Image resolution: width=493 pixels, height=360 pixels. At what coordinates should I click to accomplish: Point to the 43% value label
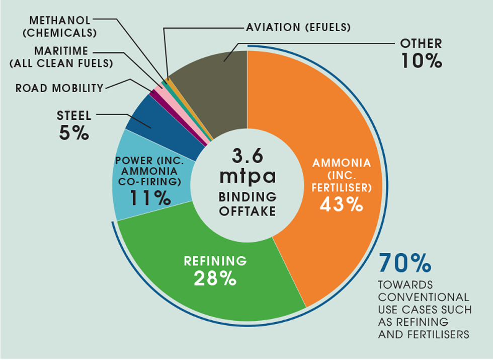pyautogui.click(x=342, y=205)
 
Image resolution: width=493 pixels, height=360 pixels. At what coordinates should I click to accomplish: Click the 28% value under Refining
pyautogui.click(x=215, y=278)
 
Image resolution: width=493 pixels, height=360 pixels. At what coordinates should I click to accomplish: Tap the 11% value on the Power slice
pyautogui.click(x=150, y=198)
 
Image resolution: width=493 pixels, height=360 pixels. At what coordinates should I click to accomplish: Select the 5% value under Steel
pyautogui.click(x=74, y=133)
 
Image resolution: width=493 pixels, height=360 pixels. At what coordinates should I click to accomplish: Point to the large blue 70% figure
pyautogui.click(x=405, y=263)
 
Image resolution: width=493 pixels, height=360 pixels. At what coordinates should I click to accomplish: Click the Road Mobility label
pyautogui.click(x=59, y=88)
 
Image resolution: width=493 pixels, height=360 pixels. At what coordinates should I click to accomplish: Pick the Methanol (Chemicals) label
pyautogui.click(x=60, y=26)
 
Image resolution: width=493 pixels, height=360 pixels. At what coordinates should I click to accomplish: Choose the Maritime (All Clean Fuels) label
pyautogui.click(x=61, y=57)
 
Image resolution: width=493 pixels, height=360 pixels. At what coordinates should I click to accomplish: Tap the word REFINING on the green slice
pyautogui.click(x=215, y=261)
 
